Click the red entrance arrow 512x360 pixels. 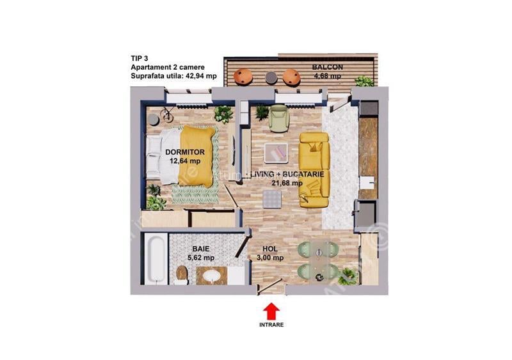coord(272,310)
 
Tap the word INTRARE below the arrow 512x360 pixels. coord(272,324)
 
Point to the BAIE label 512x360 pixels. coord(200,249)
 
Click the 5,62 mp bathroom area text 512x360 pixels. coord(200,258)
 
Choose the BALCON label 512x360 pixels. coord(328,67)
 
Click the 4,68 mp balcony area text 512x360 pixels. coord(328,76)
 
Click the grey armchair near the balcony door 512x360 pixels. coord(279,117)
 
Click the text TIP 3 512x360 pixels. coord(140,58)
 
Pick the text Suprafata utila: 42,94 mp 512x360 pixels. coord(173,76)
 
